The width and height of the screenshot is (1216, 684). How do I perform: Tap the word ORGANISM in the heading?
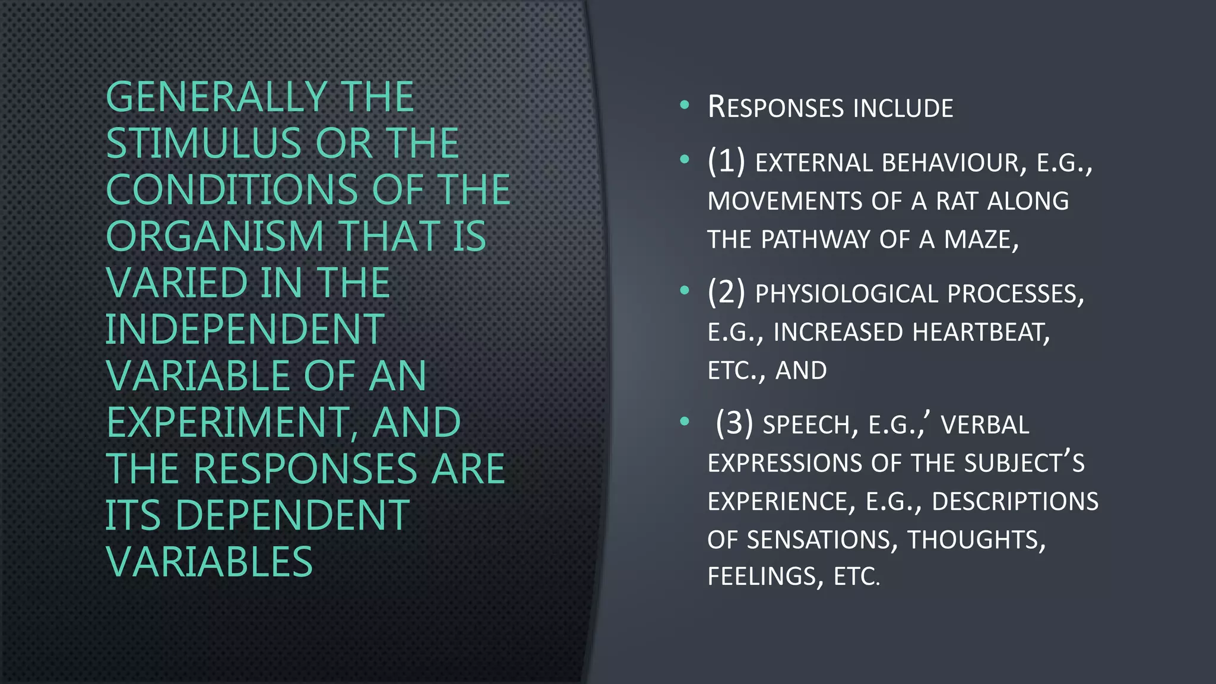pos(214,236)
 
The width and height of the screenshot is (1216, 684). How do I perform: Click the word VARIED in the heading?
pos(176,283)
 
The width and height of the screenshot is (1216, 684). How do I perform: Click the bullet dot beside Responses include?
pos(685,106)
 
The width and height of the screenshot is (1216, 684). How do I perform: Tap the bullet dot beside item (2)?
pos(685,290)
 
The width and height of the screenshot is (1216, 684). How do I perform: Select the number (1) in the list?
pos(726,161)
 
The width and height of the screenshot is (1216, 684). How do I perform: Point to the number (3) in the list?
pos(734,423)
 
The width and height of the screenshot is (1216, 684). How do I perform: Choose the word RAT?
pos(957,201)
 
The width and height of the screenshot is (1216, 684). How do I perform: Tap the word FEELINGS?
pos(761,577)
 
